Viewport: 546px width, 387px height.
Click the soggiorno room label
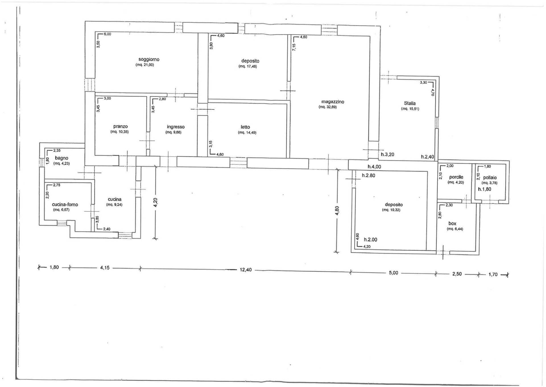point(149,60)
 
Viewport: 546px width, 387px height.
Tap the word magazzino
point(333,102)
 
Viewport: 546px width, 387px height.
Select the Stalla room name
point(410,103)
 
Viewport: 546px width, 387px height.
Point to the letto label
point(245,127)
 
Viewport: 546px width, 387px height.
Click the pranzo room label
point(121,127)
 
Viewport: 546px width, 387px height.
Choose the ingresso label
point(176,127)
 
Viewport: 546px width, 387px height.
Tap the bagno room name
point(62,158)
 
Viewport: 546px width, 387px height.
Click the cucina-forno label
point(65,205)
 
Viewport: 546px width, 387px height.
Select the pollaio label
point(490,178)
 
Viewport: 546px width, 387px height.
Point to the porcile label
point(456,177)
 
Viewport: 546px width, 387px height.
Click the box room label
point(452,224)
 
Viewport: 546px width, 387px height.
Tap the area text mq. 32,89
point(328,107)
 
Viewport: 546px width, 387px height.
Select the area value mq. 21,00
point(145,65)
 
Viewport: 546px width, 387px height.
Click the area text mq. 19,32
point(392,210)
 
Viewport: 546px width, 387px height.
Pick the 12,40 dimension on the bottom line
point(246,270)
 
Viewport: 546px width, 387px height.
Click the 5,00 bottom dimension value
point(393,273)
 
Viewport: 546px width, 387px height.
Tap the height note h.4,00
point(374,167)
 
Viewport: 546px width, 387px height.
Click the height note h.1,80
point(485,189)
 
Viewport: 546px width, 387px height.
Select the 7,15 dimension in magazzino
point(294,47)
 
